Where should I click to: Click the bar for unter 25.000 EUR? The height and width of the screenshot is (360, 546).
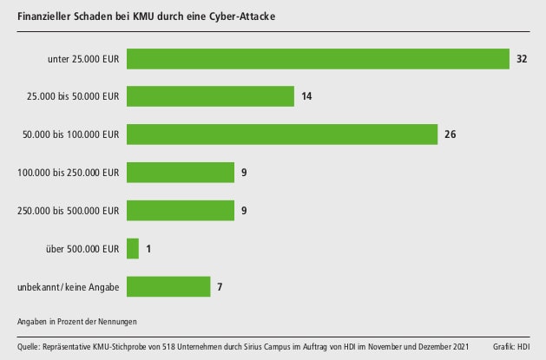(x=317, y=58)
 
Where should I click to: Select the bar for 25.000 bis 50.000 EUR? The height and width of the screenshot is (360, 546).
(x=210, y=96)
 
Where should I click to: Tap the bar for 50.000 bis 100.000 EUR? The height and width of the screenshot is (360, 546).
(x=281, y=134)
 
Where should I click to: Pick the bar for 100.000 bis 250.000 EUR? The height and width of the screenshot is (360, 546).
(x=181, y=173)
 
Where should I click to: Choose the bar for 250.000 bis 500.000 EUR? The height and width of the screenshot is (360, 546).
(x=181, y=211)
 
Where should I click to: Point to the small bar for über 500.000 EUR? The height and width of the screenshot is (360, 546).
(x=133, y=249)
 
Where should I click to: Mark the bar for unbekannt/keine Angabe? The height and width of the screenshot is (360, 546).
(x=168, y=286)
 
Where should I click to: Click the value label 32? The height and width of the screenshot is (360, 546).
(x=522, y=58)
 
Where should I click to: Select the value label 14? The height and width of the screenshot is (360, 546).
(x=306, y=96)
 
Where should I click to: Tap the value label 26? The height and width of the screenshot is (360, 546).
(x=450, y=134)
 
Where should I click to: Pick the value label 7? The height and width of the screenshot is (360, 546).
(x=220, y=286)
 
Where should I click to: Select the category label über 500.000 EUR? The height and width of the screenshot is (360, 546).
(x=82, y=249)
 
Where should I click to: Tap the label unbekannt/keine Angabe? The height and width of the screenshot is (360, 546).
(x=69, y=287)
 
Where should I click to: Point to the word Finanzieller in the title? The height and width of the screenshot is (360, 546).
(x=45, y=16)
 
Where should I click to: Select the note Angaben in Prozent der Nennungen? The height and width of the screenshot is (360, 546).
(x=76, y=321)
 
